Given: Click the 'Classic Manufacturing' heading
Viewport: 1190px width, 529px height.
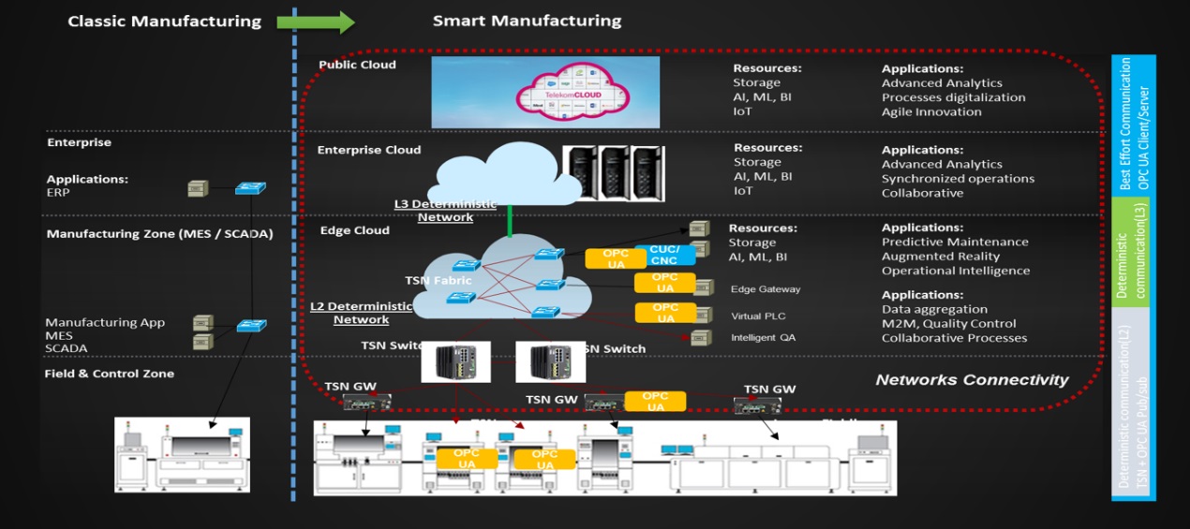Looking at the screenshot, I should (x=164, y=21).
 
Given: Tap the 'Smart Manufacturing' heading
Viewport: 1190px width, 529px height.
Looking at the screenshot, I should (x=527, y=21).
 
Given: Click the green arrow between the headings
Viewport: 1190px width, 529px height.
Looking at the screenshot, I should (x=316, y=22).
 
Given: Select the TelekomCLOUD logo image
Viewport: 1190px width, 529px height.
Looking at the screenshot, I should (x=544, y=92).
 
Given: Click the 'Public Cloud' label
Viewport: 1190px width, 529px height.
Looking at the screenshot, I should (x=357, y=65).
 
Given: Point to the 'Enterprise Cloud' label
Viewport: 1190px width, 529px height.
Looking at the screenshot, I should (x=369, y=150).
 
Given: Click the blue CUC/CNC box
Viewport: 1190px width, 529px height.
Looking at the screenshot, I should (x=664, y=255).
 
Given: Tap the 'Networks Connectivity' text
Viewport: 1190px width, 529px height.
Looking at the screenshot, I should (x=972, y=379).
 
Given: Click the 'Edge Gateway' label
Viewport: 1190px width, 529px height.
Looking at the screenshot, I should (x=766, y=289).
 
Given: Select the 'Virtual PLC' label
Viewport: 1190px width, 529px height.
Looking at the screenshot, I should (x=759, y=316).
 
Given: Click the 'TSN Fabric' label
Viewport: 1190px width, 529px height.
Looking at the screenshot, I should (x=439, y=280).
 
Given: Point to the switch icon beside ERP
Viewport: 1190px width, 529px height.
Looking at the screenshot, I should (x=250, y=188).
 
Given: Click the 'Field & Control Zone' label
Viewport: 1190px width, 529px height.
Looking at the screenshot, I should (x=109, y=374).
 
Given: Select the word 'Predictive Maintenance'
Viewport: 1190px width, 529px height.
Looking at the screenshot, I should (x=955, y=242).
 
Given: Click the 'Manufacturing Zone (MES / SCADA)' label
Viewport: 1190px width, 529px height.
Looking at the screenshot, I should (x=159, y=234).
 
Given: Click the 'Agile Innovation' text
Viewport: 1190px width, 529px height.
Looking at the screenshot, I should (x=931, y=111).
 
